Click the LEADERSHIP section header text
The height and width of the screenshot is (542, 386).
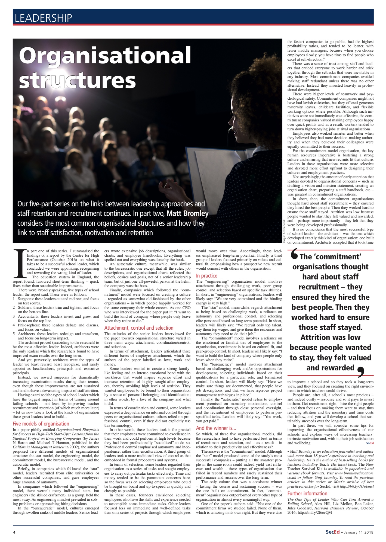coord(43,18)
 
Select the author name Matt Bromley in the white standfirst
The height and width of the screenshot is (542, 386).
coord(187,213)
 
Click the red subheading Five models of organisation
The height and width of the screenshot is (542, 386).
coord(41,424)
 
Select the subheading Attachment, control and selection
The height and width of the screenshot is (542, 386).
coord(139,328)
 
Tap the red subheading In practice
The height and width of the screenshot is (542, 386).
coord(206,276)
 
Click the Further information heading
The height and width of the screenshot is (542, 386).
coord(307,493)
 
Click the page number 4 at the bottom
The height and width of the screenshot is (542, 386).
coord(14,532)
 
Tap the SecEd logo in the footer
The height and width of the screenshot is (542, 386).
coord(332,532)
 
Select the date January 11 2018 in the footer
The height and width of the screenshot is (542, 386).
coord(359,532)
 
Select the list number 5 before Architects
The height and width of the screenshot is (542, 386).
coord(14,334)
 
